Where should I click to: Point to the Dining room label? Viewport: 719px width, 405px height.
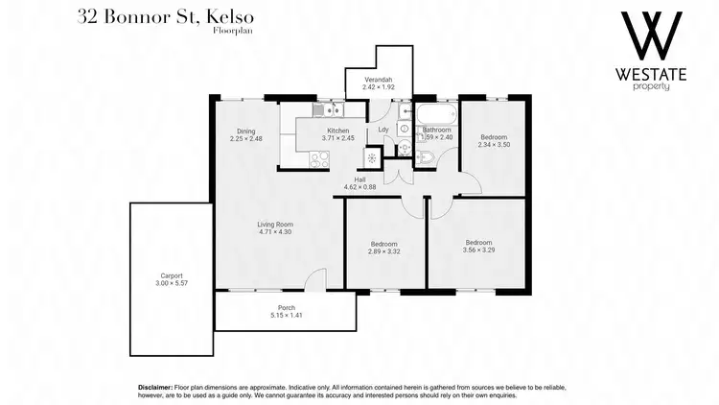point(245,131)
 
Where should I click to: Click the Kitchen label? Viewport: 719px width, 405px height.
point(337,131)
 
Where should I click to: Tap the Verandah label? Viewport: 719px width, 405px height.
point(378,79)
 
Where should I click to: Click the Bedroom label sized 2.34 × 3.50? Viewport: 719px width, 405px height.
point(493,136)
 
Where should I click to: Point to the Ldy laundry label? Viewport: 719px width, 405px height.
point(383,130)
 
